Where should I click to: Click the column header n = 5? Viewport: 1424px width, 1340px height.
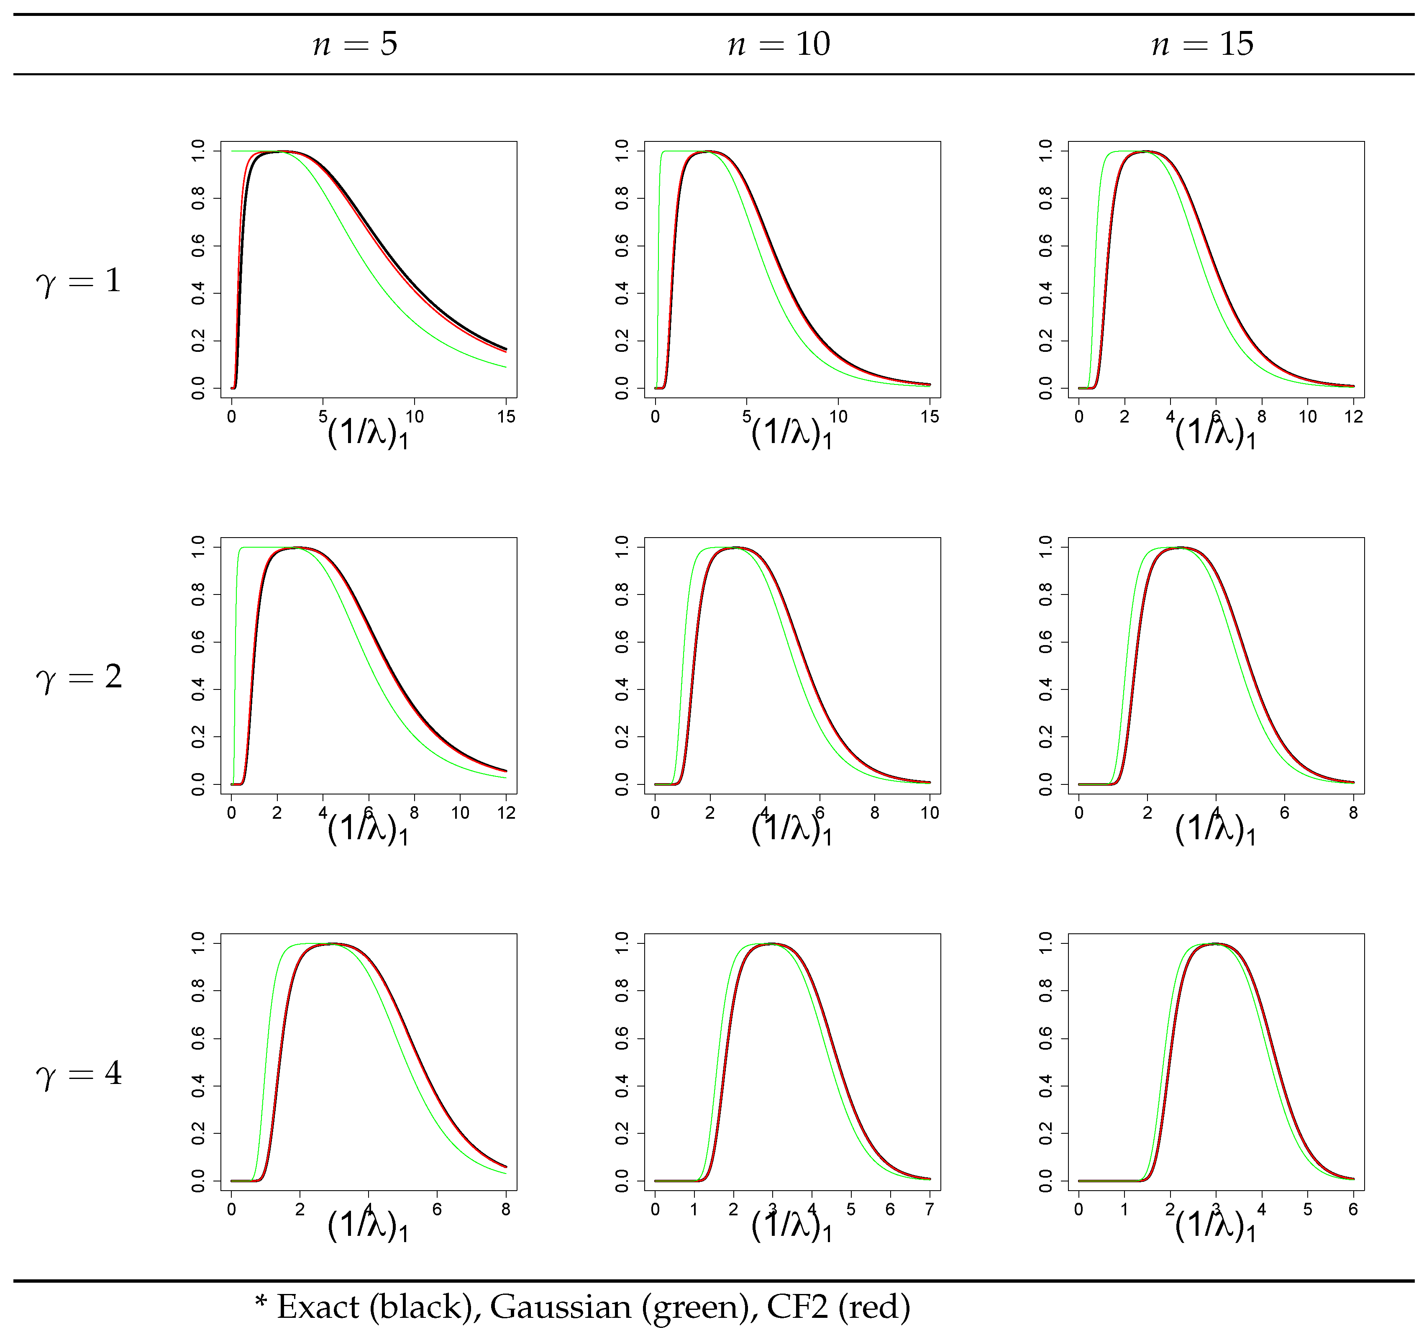[x=355, y=44]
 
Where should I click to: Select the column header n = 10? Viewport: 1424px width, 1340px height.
[x=779, y=44]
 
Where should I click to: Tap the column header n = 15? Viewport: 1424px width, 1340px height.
[x=1203, y=44]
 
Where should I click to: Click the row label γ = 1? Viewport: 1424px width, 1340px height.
[x=79, y=281]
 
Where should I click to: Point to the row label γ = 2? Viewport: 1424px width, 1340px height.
[x=79, y=677]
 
